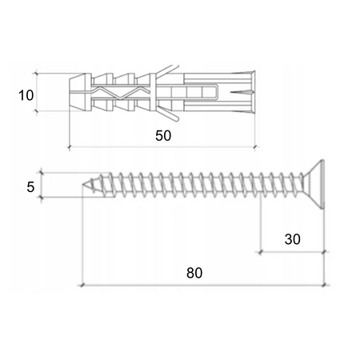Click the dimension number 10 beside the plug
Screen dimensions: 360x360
26,95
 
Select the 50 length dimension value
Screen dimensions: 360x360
163,136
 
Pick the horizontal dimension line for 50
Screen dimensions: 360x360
163,147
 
